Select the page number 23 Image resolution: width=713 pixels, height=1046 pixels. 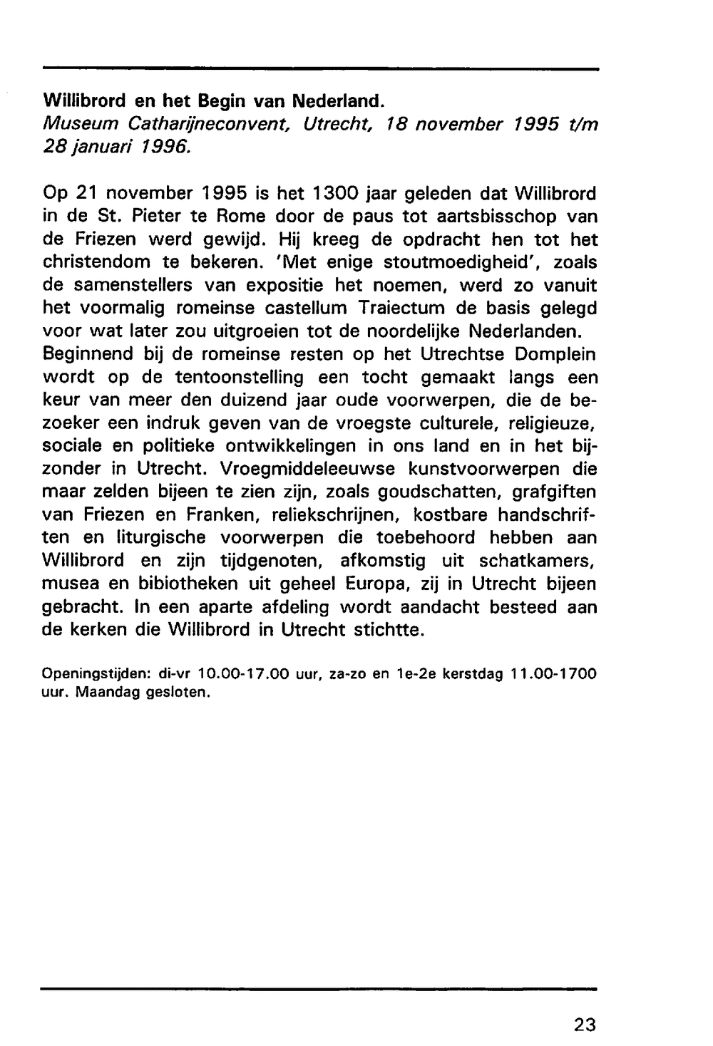pos(584,1025)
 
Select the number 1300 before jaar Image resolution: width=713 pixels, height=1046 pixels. pos(334,193)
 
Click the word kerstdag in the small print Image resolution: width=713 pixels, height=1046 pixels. pos(473,673)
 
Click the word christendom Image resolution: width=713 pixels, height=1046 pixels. pos(95,262)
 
